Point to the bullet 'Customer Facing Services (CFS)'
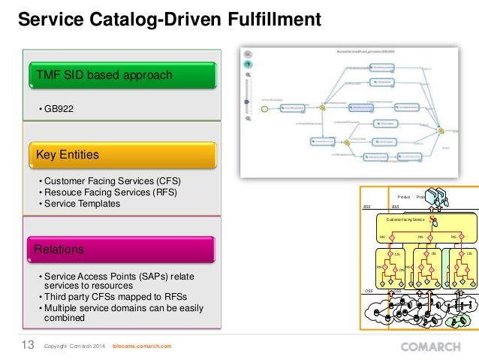[x=113, y=182]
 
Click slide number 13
[x=26, y=345]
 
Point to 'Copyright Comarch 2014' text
[x=75, y=346]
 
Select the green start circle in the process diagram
[x=264, y=108]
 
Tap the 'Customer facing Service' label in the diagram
[x=405, y=219]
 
